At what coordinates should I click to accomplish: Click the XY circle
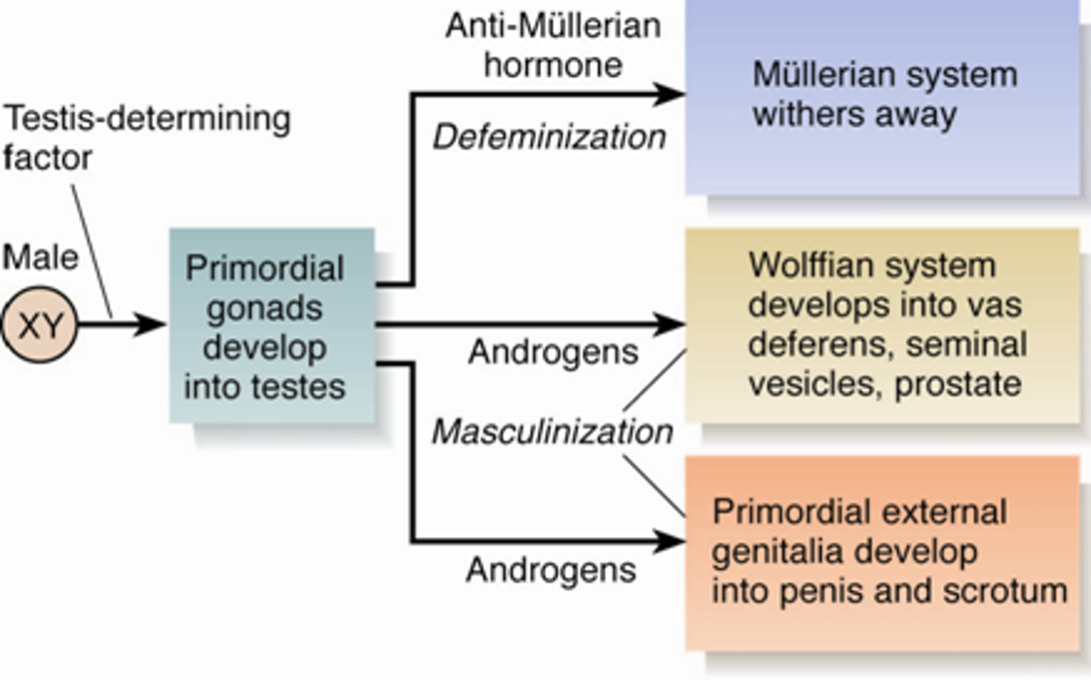40,326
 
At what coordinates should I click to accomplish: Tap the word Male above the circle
40,257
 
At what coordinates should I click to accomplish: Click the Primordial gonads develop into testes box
271,326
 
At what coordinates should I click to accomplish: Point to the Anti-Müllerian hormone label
552,44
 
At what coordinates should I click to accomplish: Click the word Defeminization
548,137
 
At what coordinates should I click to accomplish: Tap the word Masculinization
552,432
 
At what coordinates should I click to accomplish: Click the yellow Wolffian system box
882,324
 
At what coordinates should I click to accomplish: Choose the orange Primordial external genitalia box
882,551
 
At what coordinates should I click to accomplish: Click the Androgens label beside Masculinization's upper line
552,352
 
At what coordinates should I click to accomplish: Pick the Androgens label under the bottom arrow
550,570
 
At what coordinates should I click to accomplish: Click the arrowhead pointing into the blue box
671,95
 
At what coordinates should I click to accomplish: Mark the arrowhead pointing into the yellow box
671,324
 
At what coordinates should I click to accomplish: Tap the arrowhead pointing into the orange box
671,542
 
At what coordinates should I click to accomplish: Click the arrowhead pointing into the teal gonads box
153,324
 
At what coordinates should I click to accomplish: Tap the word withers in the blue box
798,114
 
